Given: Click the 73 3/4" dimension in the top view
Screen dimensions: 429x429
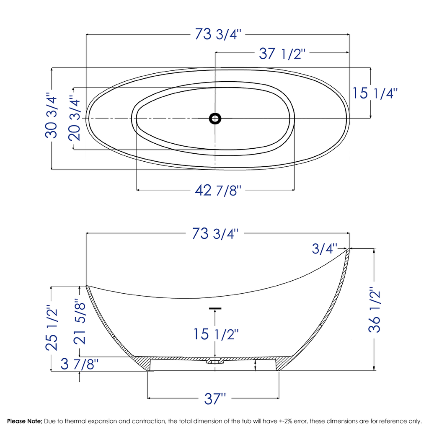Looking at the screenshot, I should coord(218,35).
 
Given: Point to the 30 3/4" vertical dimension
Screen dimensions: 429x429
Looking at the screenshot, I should coord(51,116).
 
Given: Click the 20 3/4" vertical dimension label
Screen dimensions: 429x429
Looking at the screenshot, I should coord(74,119).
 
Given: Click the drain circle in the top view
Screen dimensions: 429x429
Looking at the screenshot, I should coord(215,119).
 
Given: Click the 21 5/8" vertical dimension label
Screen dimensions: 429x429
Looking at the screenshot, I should coord(80,322).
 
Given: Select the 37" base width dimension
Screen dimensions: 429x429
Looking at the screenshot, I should coord(214,398).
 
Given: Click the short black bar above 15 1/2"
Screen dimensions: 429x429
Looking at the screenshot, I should coord(215,309).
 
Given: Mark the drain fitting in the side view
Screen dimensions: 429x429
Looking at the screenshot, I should coord(214,361).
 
